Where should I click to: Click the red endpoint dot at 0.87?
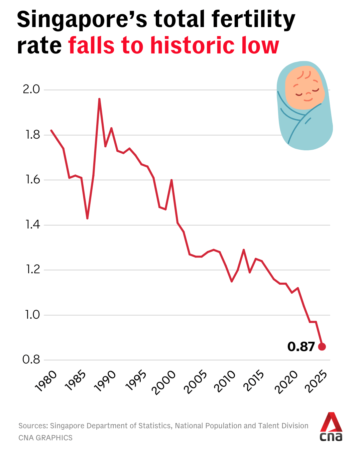[x=322, y=347]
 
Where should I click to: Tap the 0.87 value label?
[x=301, y=347]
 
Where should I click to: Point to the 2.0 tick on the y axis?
[x=31, y=90]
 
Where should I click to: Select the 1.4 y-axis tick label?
[x=32, y=225]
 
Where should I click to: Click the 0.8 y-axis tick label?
[x=31, y=360]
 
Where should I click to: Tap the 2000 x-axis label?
[x=164, y=382]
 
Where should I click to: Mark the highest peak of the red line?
[x=99, y=99]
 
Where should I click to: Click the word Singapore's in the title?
[x=82, y=19]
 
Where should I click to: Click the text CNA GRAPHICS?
[x=45, y=438]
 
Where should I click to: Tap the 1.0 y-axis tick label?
[x=32, y=315]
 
